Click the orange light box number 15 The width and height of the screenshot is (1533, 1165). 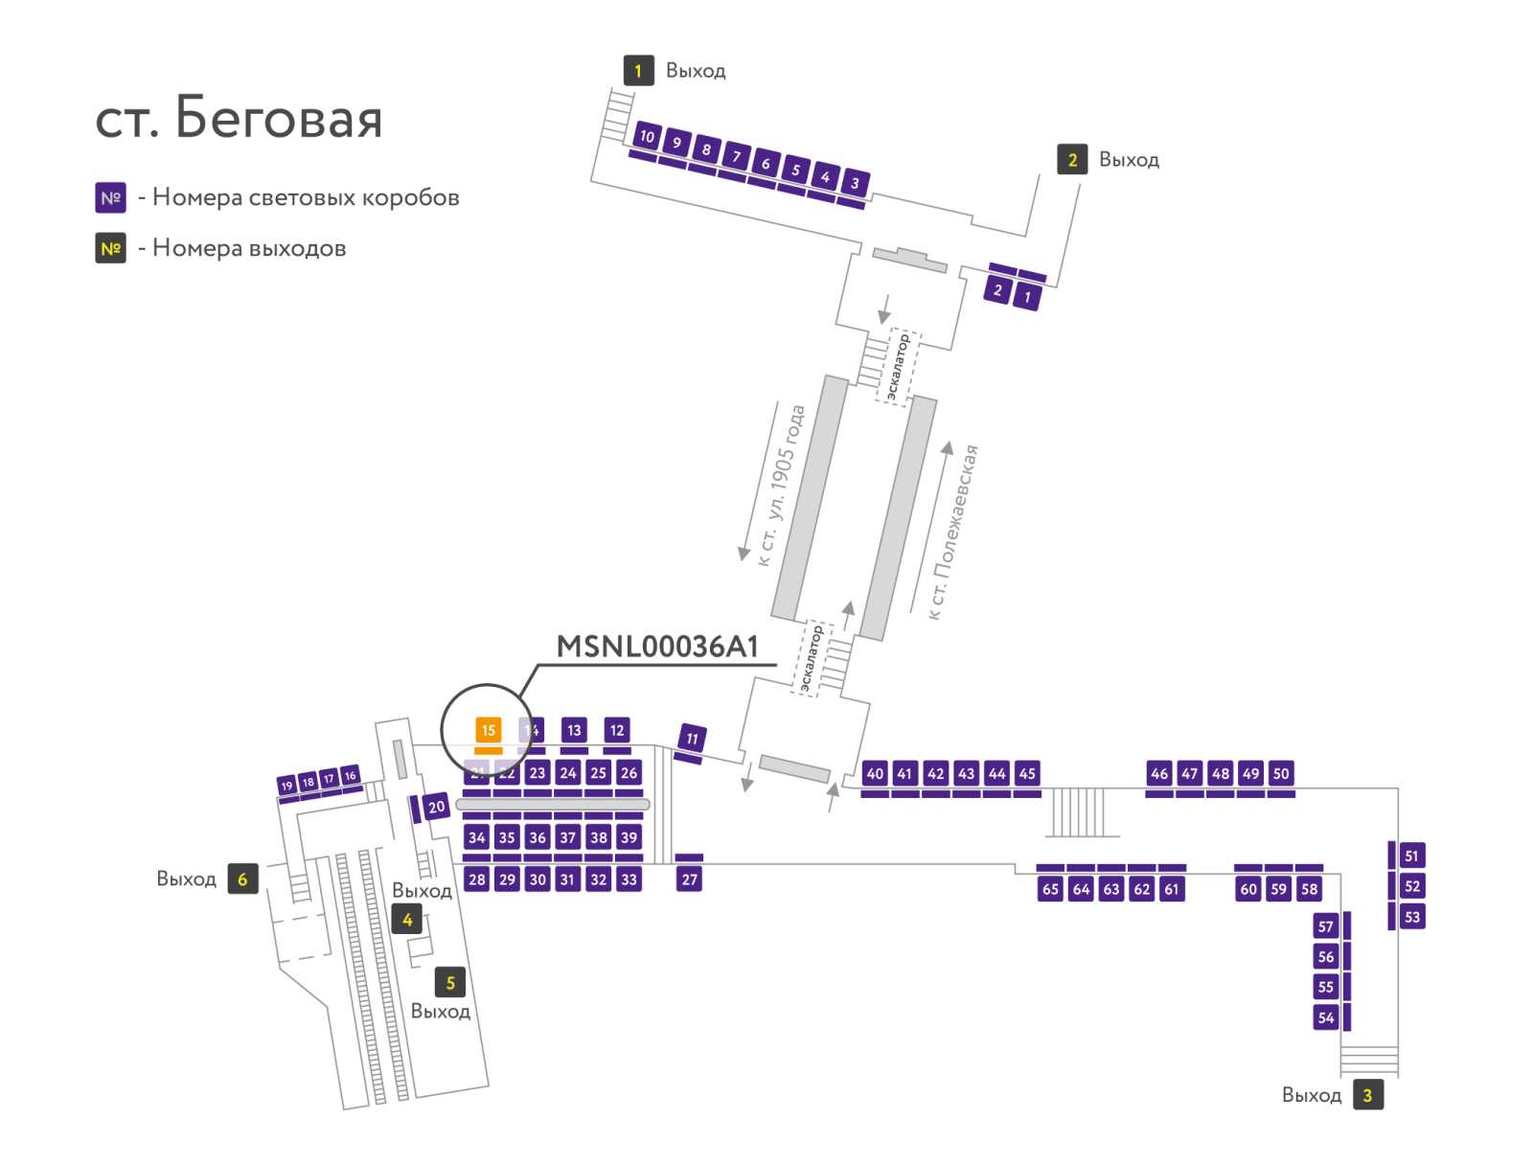point(488,729)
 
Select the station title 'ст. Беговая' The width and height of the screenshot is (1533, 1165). point(239,118)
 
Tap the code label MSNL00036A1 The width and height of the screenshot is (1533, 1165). point(656,647)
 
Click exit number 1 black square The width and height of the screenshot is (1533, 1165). point(638,71)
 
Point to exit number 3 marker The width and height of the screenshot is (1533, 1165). point(1367,1094)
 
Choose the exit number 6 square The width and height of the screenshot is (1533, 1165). point(242,879)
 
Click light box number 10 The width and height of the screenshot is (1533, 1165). point(647,136)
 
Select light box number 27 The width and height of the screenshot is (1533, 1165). point(689,879)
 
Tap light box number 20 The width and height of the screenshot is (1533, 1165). point(436,807)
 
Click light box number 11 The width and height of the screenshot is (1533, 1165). point(692,738)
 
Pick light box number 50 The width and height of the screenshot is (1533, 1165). point(1280,773)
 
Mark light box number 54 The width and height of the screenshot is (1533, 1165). point(1325,1017)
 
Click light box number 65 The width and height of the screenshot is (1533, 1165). point(1050,888)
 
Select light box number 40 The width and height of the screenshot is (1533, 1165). point(875,773)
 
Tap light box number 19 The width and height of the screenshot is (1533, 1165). point(286,786)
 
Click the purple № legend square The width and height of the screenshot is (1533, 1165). point(110,197)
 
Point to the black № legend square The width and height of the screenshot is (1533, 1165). point(110,248)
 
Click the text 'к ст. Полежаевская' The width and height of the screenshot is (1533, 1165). point(952,532)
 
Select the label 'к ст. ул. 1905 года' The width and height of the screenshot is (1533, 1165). point(782,485)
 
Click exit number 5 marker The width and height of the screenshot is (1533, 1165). point(449,983)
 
